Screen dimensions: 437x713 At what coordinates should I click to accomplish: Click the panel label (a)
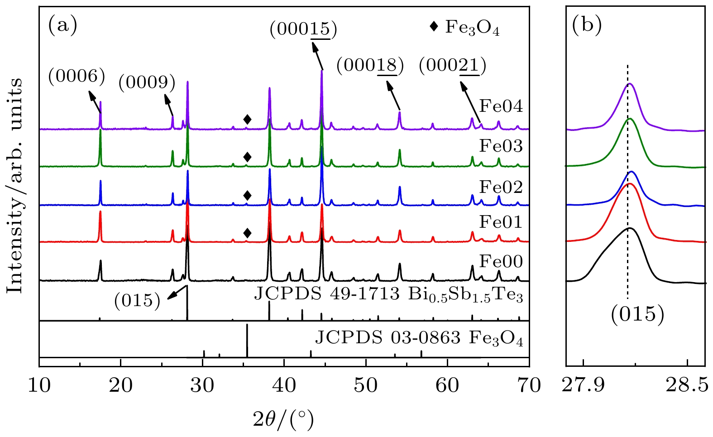pyautogui.click(x=62, y=25)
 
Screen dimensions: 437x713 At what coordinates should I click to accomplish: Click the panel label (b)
pyautogui.click(x=587, y=25)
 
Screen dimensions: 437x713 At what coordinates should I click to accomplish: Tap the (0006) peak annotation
pyautogui.click(x=77, y=76)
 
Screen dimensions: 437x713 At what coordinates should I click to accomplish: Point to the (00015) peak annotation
pyautogui.click(x=303, y=30)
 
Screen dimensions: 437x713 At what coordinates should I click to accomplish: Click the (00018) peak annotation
pyautogui.click(x=370, y=66)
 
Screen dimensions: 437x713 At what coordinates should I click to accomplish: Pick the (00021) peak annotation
pyautogui.click(x=453, y=66)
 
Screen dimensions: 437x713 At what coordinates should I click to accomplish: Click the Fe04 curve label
pyautogui.click(x=501, y=106)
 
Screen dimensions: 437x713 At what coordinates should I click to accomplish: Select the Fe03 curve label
pyautogui.click(x=501, y=146)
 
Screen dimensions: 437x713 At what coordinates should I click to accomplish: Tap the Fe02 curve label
pyautogui.click(x=501, y=187)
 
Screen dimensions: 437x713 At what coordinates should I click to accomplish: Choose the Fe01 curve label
pyautogui.click(x=501, y=222)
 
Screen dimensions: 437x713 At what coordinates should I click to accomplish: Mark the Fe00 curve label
pyautogui.click(x=501, y=261)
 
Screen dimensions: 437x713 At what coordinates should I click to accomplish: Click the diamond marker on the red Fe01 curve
pyautogui.click(x=247, y=233)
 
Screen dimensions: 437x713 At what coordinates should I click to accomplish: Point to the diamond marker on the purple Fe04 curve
pyautogui.click(x=247, y=120)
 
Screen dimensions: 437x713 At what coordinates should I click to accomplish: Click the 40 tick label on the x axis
pyautogui.click(x=284, y=385)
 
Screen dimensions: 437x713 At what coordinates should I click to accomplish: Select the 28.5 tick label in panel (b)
pyautogui.click(x=687, y=385)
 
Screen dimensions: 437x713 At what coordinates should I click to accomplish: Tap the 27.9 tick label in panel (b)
pyautogui.click(x=584, y=385)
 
